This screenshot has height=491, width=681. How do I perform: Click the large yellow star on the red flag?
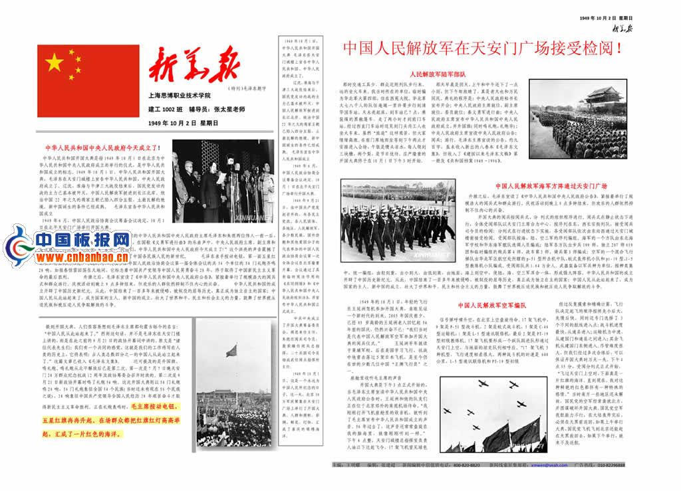55,63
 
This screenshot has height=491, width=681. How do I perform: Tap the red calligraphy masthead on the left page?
194,68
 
